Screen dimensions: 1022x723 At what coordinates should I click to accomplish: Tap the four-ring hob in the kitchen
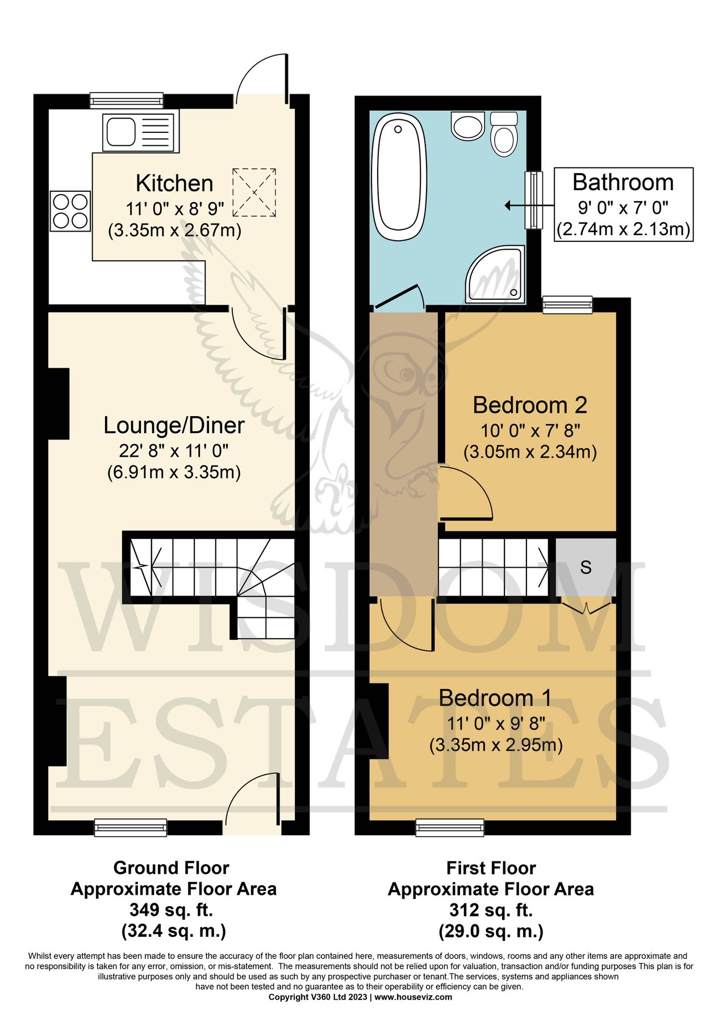coord(70,211)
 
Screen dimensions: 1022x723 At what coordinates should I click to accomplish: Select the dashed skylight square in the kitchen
coord(254,192)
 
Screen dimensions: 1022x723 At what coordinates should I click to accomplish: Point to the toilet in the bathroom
coord(504,134)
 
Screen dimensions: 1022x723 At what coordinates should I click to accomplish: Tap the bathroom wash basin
coord(467,125)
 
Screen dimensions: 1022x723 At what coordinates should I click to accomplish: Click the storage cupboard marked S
coord(586,567)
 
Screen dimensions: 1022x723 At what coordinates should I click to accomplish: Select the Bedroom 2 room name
coord(529,405)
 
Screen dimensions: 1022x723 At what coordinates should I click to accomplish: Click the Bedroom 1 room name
coord(495,698)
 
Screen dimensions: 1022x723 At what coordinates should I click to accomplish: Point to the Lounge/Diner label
coord(174,425)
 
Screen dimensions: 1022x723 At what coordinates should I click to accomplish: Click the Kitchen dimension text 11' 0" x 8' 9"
coord(175,208)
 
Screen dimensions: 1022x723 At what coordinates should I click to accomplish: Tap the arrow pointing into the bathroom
coord(515,206)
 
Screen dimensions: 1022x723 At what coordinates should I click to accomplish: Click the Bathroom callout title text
coord(623,182)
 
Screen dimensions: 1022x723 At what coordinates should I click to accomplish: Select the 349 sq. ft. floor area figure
coord(171,910)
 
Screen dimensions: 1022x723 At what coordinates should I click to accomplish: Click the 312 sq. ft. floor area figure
coord(491,910)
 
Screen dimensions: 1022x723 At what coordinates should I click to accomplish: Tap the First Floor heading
coord(491,868)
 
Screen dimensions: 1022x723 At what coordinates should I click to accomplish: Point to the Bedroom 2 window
coord(567,304)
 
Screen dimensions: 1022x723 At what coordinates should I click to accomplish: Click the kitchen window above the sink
coord(127,101)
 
